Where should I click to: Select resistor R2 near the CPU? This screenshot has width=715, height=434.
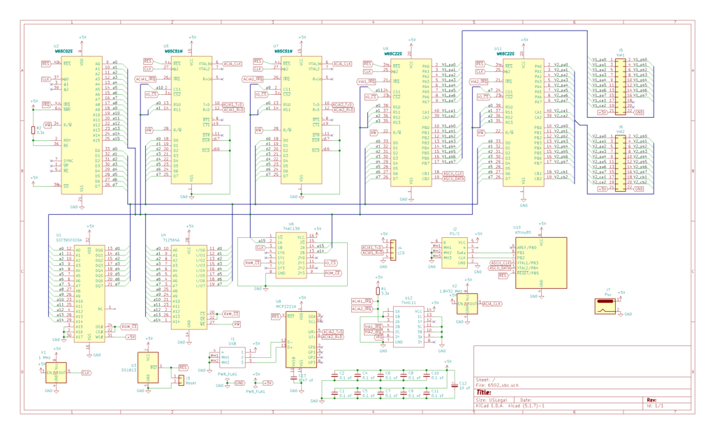33,130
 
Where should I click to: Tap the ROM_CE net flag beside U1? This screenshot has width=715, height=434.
129,326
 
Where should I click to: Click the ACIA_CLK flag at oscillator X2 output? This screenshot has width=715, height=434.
492,304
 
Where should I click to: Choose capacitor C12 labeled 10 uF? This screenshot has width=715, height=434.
455,386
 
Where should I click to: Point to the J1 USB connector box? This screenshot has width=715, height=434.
231,357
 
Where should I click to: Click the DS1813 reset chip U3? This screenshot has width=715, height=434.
148,368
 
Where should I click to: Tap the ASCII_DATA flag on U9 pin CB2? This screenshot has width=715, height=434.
453,178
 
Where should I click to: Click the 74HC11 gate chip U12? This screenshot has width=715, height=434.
408,324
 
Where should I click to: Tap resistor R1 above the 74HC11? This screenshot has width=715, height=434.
378,290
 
